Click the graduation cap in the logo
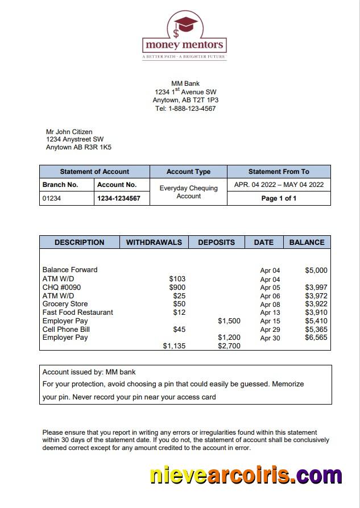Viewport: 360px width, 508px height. click(x=185, y=24)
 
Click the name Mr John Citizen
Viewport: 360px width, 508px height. click(x=69, y=132)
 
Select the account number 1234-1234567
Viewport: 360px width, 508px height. click(x=118, y=198)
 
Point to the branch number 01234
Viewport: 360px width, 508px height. click(x=52, y=198)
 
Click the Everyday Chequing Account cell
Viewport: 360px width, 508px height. click(x=188, y=192)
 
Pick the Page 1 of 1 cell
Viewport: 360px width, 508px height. click(x=279, y=198)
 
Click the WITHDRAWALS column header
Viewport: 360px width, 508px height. click(x=154, y=242)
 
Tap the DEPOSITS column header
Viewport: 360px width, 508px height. click(x=216, y=242)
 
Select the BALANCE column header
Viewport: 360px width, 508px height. click(x=307, y=242)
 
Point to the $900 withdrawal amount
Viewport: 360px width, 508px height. click(x=177, y=288)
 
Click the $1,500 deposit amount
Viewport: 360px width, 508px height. click(x=229, y=321)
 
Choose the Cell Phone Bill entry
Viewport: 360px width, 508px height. click(x=66, y=330)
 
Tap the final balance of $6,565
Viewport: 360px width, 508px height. click(x=316, y=338)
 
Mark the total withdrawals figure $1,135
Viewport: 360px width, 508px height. click(x=174, y=346)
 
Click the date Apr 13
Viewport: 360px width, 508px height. click(x=270, y=313)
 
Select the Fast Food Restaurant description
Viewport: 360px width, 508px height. click(x=77, y=313)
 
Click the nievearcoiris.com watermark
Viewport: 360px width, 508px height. click(x=246, y=474)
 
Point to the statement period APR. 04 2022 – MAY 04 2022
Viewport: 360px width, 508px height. click(x=279, y=185)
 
